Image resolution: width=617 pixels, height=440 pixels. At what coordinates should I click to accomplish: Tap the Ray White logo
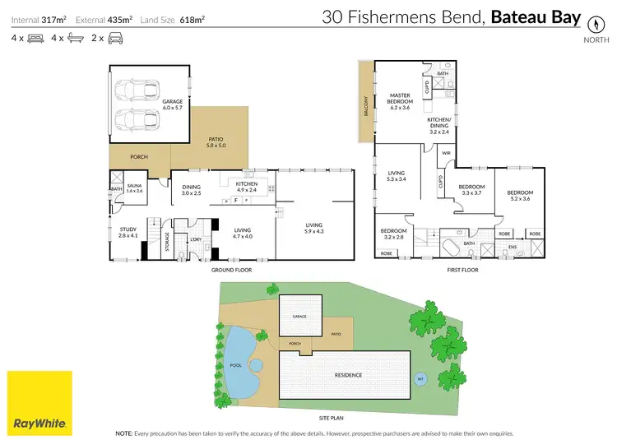click(x=39, y=403)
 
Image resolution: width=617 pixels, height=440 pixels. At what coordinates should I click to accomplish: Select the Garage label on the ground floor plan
click(x=149, y=105)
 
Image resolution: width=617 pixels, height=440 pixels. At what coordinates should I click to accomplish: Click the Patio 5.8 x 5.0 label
click(x=217, y=142)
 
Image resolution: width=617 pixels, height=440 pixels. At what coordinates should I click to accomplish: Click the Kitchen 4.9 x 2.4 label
click(x=247, y=187)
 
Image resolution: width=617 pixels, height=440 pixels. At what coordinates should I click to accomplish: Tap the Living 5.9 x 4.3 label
click(x=313, y=228)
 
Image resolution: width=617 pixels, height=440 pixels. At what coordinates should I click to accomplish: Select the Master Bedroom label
click(x=400, y=102)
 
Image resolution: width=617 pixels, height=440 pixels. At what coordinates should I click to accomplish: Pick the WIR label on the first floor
click(x=446, y=152)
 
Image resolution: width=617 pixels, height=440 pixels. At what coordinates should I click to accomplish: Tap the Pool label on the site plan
click(x=235, y=365)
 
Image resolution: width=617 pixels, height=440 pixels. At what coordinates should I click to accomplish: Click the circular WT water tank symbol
click(x=421, y=379)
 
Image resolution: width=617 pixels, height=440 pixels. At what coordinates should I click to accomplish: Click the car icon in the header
click(x=116, y=38)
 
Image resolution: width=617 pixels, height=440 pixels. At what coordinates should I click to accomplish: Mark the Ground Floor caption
click(x=232, y=270)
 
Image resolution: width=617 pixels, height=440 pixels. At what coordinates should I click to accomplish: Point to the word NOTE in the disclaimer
click(x=125, y=433)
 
